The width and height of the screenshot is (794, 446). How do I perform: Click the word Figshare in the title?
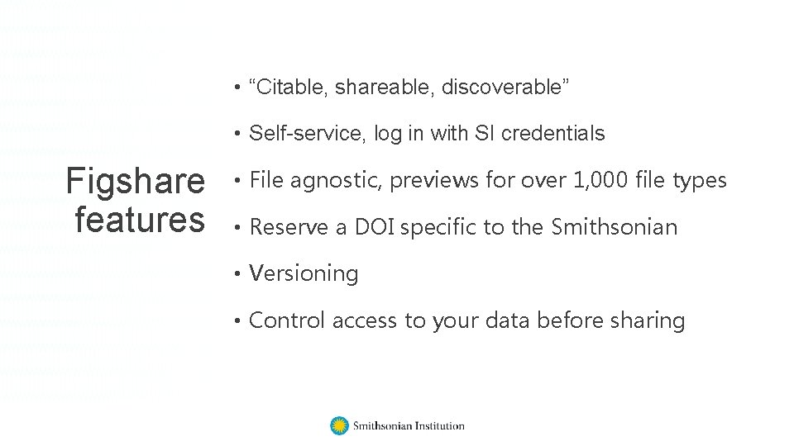[x=136, y=183]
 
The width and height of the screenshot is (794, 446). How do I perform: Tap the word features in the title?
[x=139, y=220]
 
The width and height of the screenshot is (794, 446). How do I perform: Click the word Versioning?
[x=304, y=274]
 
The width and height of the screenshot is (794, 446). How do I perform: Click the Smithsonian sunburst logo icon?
[x=339, y=426]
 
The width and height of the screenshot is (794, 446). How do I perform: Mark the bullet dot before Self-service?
[x=237, y=133]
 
